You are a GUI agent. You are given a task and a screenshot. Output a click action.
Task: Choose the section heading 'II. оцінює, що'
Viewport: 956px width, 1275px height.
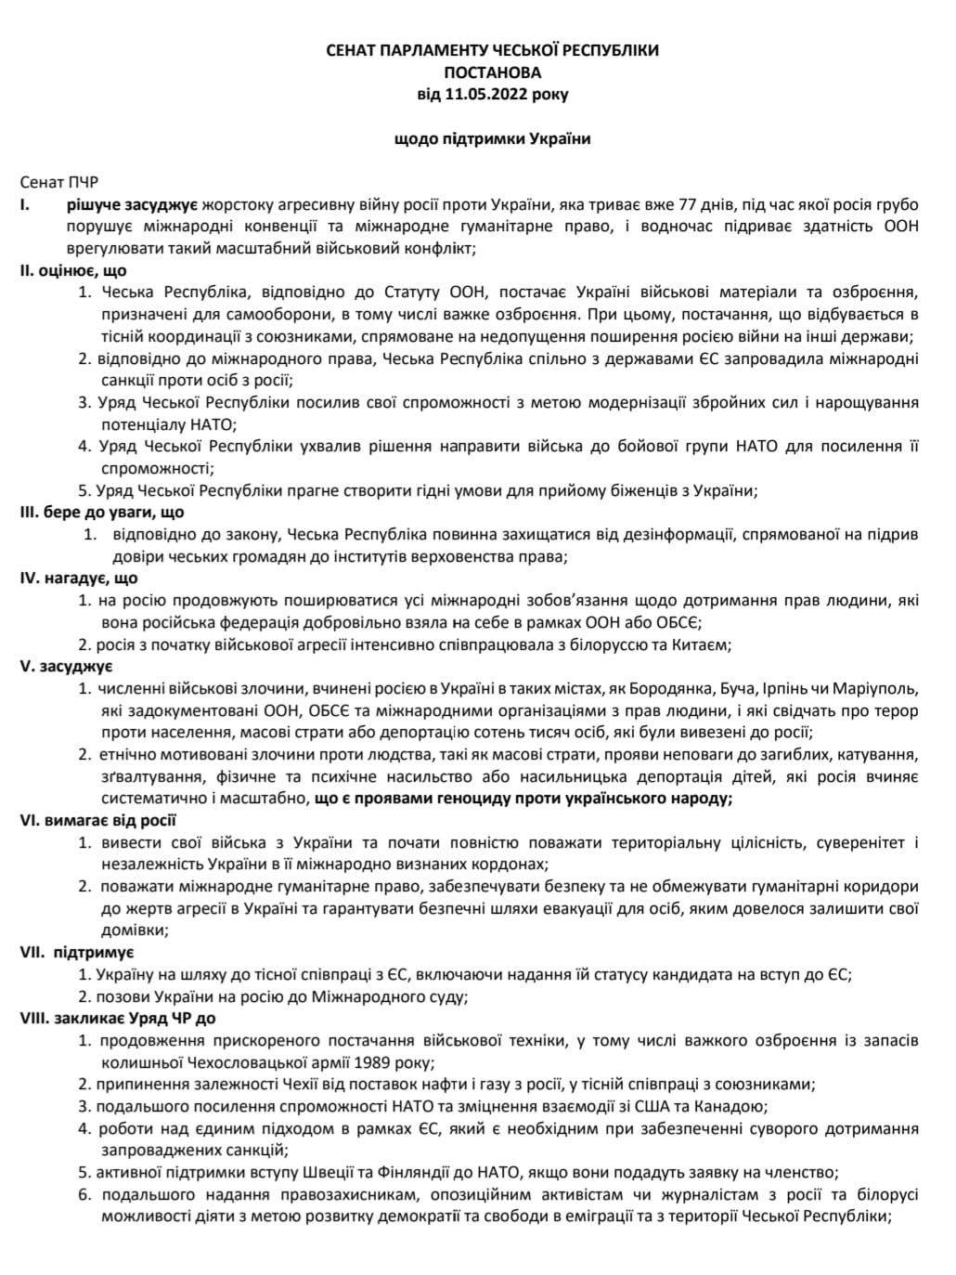[73, 270]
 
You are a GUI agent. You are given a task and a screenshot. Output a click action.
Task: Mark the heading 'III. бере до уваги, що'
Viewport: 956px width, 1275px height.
[102, 513]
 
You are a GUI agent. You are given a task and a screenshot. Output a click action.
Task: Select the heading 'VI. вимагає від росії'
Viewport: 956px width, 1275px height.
[98, 820]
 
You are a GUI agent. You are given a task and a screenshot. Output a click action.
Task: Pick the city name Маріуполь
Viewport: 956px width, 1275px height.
[874, 689]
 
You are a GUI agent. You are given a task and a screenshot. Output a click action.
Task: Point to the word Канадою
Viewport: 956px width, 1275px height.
[732, 1107]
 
